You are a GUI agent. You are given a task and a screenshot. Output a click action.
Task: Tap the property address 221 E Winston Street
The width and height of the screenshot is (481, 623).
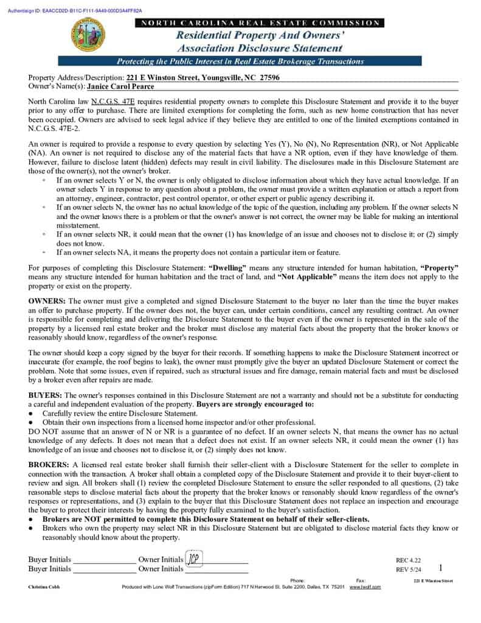pos(162,78)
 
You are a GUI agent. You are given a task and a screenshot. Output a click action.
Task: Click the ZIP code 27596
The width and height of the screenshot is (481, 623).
pos(269,78)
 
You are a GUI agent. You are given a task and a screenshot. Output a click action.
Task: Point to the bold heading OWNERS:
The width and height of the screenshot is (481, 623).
pos(47,301)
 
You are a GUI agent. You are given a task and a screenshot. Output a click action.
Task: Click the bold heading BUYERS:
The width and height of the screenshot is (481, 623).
pos(45,395)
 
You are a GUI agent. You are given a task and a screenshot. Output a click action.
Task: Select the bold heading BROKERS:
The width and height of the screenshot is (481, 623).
pos(49,465)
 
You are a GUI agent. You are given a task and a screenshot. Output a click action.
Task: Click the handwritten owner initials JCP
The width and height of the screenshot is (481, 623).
pos(193,559)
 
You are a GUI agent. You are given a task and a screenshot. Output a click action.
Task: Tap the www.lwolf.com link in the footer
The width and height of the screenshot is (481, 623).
pos(365,586)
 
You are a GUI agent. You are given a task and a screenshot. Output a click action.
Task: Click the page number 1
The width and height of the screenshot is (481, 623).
pos(440,568)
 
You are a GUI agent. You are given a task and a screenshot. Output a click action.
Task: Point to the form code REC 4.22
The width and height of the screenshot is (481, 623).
pos(408,560)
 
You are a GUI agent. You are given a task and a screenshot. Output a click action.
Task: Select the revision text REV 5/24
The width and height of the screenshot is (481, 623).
pos(408,569)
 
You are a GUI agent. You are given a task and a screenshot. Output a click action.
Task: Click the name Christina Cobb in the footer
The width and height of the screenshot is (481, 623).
pos(44,586)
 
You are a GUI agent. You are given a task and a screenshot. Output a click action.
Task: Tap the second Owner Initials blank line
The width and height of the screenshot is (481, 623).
pos(216,571)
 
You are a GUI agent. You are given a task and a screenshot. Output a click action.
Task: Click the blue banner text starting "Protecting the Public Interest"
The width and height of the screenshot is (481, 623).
pos(240,61)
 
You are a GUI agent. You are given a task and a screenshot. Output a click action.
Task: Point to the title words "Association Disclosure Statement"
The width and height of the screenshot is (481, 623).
pos(260,48)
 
